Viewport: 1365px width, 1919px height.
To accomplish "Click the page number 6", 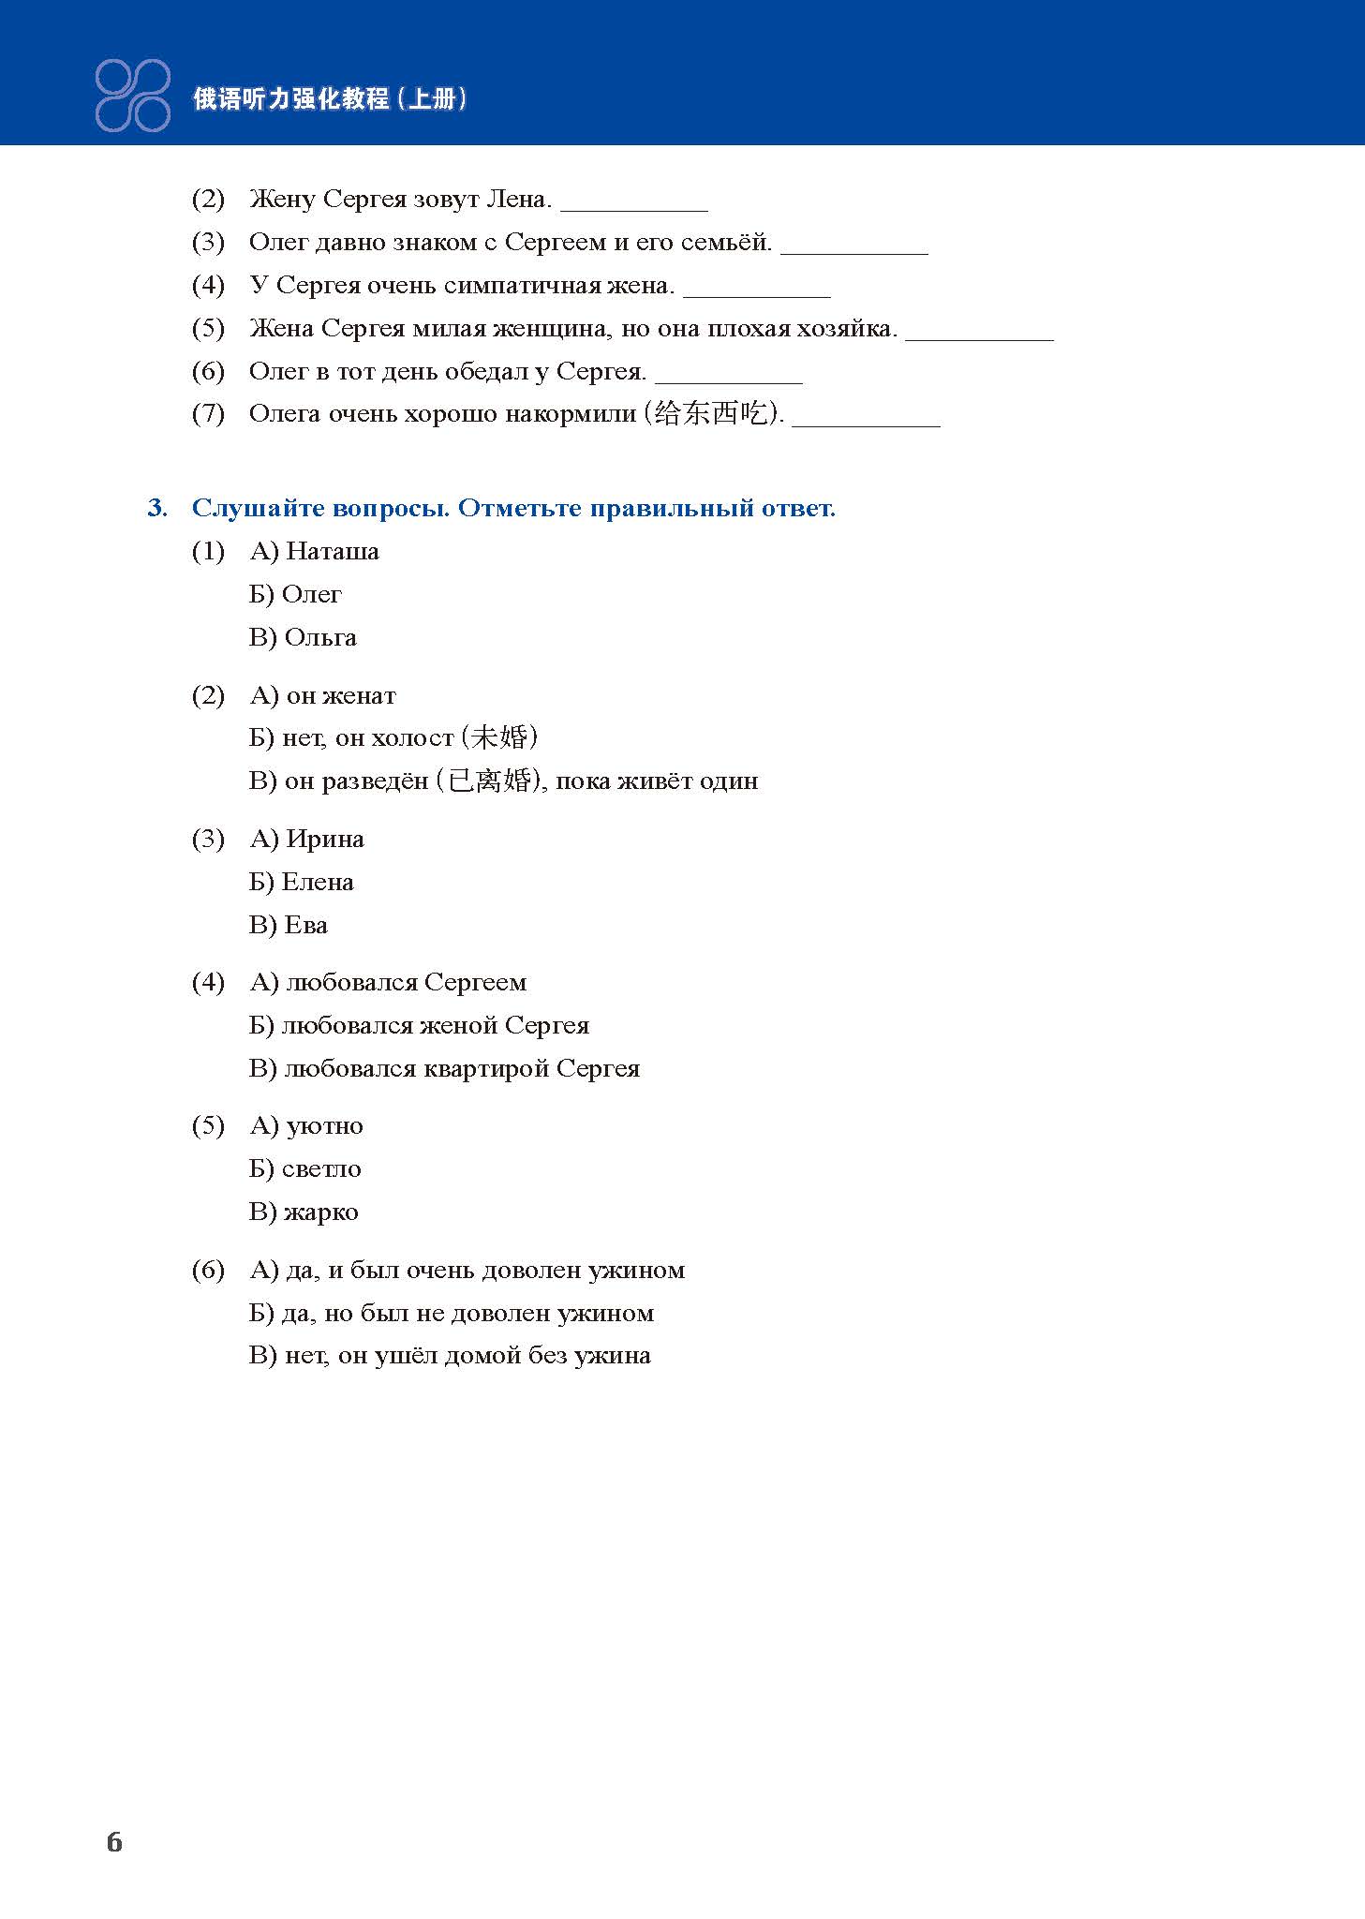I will click(114, 1842).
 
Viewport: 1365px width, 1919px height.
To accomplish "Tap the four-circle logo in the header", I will click(133, 95).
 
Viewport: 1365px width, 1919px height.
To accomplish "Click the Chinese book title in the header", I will click(329, 98).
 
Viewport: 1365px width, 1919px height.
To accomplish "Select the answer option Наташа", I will click(332, 551).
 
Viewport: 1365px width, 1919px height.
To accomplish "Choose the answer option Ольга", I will click(319, 637).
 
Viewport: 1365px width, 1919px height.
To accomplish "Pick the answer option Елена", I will click(317, 882).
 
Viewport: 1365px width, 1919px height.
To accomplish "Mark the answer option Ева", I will click(305, 925).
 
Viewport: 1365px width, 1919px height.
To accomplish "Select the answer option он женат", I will click(340, 695).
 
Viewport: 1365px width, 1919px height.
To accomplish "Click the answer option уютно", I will click(324, 1125).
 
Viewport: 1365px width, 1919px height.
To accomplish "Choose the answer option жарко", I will click(320, 1212).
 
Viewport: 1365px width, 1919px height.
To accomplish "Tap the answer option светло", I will click(320, 1168).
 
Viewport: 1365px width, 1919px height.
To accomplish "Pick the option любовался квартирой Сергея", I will click(461, 1068).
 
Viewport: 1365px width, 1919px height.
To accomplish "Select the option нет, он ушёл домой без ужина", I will click(467, 1355).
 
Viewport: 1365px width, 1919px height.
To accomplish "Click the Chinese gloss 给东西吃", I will click(711, 413).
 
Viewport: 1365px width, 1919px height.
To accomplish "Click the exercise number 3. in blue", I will click(157, 508).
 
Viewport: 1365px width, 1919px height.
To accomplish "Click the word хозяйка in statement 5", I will click(846, 328).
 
